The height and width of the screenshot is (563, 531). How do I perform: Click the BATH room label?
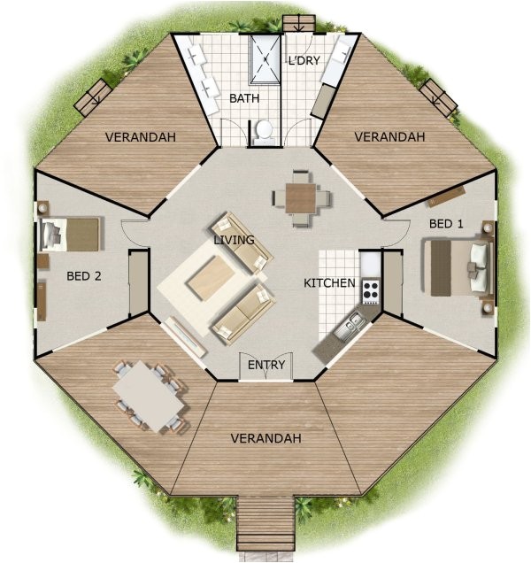point(243,98)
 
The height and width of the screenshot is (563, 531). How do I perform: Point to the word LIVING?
point(234,239)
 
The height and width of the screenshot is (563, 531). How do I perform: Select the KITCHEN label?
point(329,282)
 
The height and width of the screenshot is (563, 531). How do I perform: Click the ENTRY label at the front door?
point(265,365)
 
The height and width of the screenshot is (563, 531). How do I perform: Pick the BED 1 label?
point(446,223)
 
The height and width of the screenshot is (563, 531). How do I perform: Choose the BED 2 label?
point(84,275)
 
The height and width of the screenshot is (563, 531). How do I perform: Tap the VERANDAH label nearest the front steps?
point(265,438)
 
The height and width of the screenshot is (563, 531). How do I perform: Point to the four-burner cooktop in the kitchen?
point(369,289)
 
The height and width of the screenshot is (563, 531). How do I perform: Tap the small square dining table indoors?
point(300,197)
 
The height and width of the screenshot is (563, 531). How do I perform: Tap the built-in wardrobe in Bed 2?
point(138,284)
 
